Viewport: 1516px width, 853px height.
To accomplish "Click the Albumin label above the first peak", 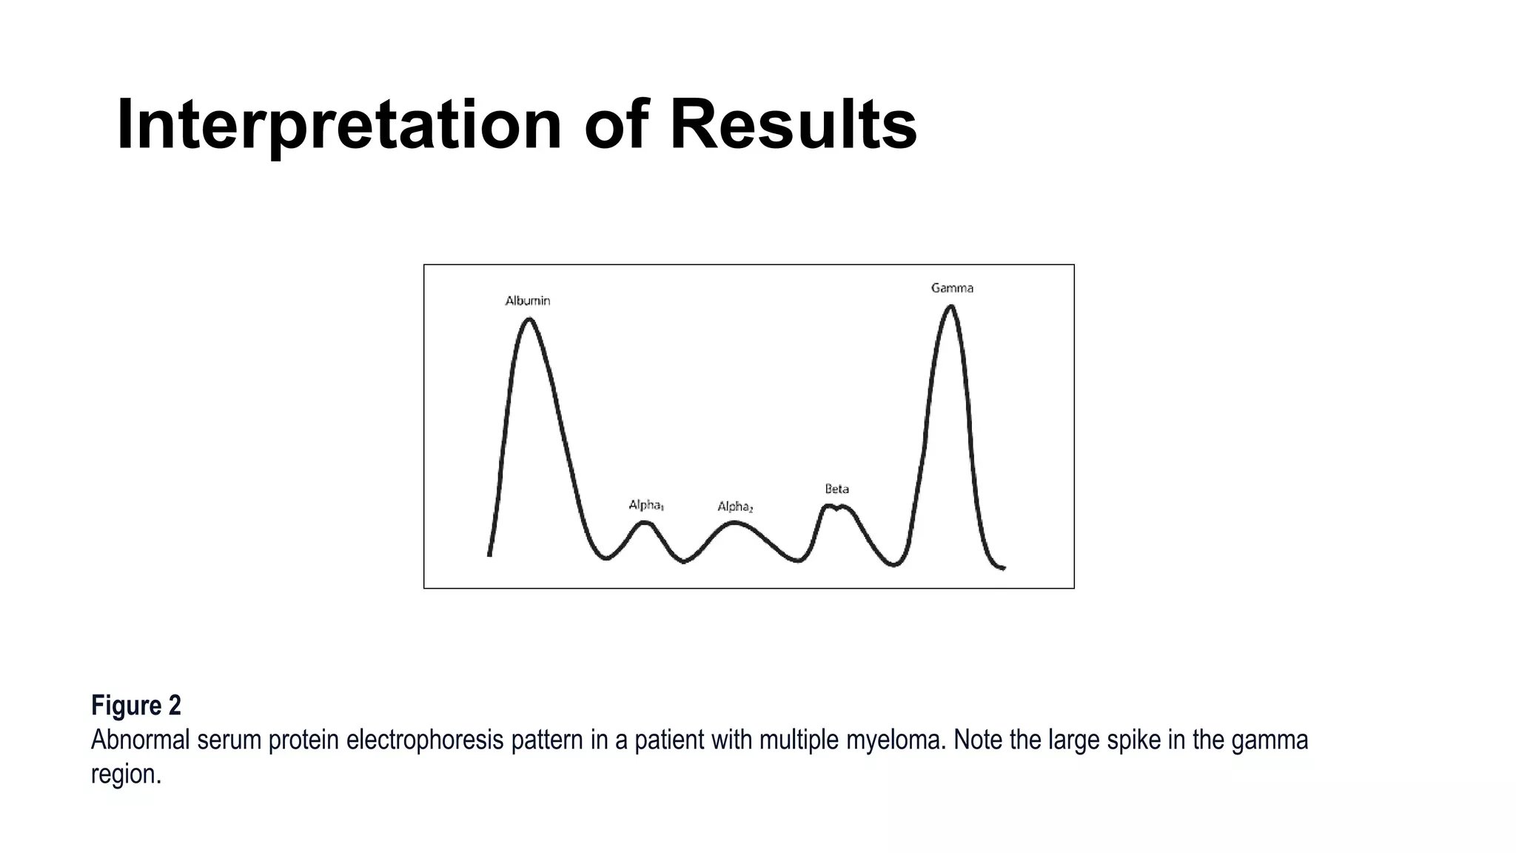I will (527, 301).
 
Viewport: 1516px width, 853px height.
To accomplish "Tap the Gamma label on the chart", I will (952, 288).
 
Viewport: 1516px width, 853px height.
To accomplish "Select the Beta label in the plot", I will (836, 489).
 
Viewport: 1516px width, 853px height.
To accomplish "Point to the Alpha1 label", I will (645, 505).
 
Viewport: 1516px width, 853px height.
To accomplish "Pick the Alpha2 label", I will (734, 506).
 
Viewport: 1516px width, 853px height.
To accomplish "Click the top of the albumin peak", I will (529, 319).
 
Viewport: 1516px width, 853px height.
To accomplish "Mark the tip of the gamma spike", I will (951, 306).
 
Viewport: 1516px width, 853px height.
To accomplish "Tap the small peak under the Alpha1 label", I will (645, 523).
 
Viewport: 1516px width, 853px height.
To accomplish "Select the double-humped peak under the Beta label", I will (836, 507).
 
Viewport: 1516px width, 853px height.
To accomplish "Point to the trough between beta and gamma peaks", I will (895, 565).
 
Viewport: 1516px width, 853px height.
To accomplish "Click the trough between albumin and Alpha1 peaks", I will (606, 558).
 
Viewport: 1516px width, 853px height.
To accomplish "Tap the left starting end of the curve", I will (489, 554).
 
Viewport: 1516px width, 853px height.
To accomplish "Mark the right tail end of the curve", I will (1003, 568).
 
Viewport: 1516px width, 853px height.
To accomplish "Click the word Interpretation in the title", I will (339, 124).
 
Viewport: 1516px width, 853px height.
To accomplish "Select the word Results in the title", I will (793, 124).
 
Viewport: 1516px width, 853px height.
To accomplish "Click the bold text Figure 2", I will (135, 706).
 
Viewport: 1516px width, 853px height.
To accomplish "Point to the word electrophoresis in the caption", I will (424, 740).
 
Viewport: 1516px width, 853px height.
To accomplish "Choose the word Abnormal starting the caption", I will (140, 740).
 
